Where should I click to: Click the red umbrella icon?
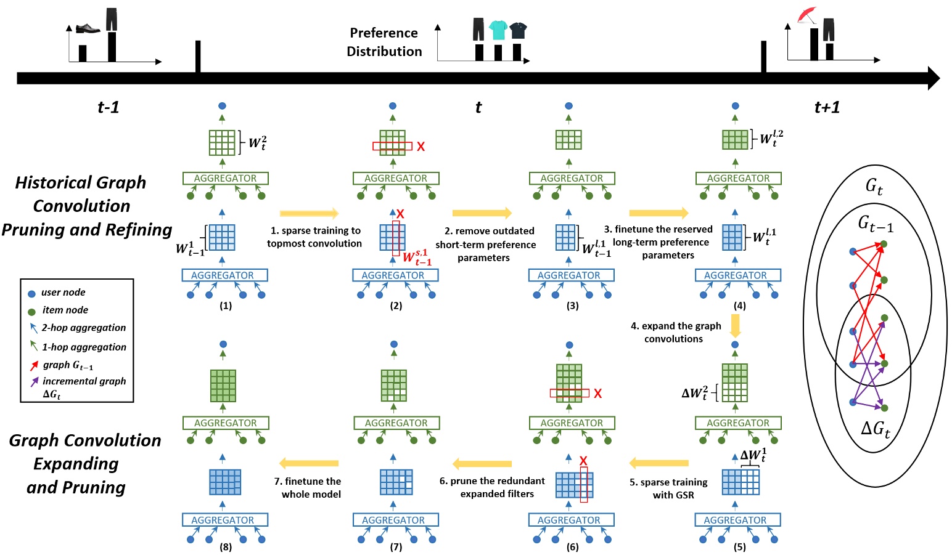(x=806, y=15)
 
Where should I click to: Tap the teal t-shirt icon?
(x=498, y=30)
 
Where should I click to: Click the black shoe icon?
(x=88, y=28)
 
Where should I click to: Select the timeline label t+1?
(x=827, y=107)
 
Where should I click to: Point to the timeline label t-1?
(x=108, y=107)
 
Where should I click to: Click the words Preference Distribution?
(x=384, y=42)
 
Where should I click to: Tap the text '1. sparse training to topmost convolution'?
(x=315, y=237)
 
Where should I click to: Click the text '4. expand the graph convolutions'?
(x=675, y=332)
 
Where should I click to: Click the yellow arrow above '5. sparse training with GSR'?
(x=659, y=463)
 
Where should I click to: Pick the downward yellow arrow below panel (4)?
(x=735, y=325)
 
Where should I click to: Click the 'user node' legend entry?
(x=63, y=293)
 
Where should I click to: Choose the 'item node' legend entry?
(x=65, y=310)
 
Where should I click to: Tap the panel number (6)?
(x=572, y=547)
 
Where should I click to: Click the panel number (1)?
(x=226, y=306)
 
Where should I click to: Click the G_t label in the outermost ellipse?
(x=874, y=185)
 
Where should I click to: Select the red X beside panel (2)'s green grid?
(x=421, y=147)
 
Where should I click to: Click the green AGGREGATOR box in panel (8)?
(x=226, y=423)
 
